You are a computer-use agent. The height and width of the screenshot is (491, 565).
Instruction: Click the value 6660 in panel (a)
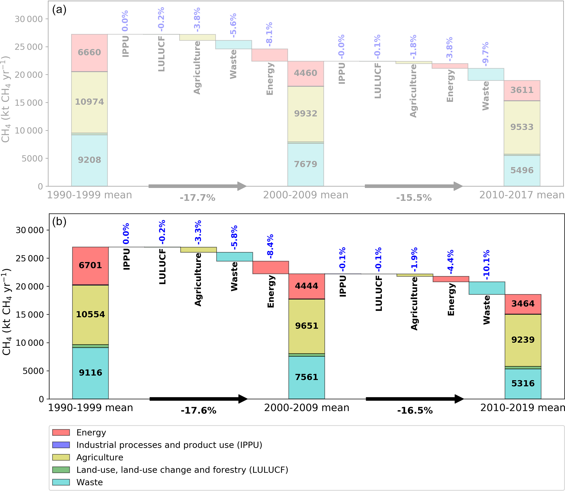click(89, 52)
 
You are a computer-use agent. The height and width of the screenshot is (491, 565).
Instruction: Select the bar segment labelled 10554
click(90, 314)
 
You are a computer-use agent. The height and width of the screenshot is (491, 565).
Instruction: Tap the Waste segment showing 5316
click(523, 383)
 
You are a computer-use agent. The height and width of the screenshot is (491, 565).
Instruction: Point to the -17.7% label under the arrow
click(197, 198)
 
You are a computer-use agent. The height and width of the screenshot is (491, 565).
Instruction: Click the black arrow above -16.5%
click(414, 399)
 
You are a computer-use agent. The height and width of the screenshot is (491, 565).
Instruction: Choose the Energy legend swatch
click(61, 432)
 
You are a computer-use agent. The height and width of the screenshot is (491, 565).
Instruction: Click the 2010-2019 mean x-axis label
click(522, 408)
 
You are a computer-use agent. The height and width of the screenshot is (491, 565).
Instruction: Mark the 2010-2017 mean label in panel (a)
click(522, 195)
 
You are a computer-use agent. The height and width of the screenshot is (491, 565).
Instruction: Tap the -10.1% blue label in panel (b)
click(487, 265)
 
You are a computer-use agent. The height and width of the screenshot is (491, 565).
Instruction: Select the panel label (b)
click(59, 221)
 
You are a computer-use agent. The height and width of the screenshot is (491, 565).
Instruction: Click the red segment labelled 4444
click(306, 286)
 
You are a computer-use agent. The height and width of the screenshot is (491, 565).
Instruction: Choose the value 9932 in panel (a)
click(306, 113)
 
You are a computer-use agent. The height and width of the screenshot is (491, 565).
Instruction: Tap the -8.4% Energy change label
click(270, 246)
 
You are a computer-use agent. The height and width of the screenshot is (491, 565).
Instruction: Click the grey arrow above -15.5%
click(413, 186)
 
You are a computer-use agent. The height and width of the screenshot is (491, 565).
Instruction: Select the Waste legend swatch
click(61, 482)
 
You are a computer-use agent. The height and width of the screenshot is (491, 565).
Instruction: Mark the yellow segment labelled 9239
click(523, 340)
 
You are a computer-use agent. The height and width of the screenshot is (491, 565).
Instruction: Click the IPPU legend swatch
click(61, 445)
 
